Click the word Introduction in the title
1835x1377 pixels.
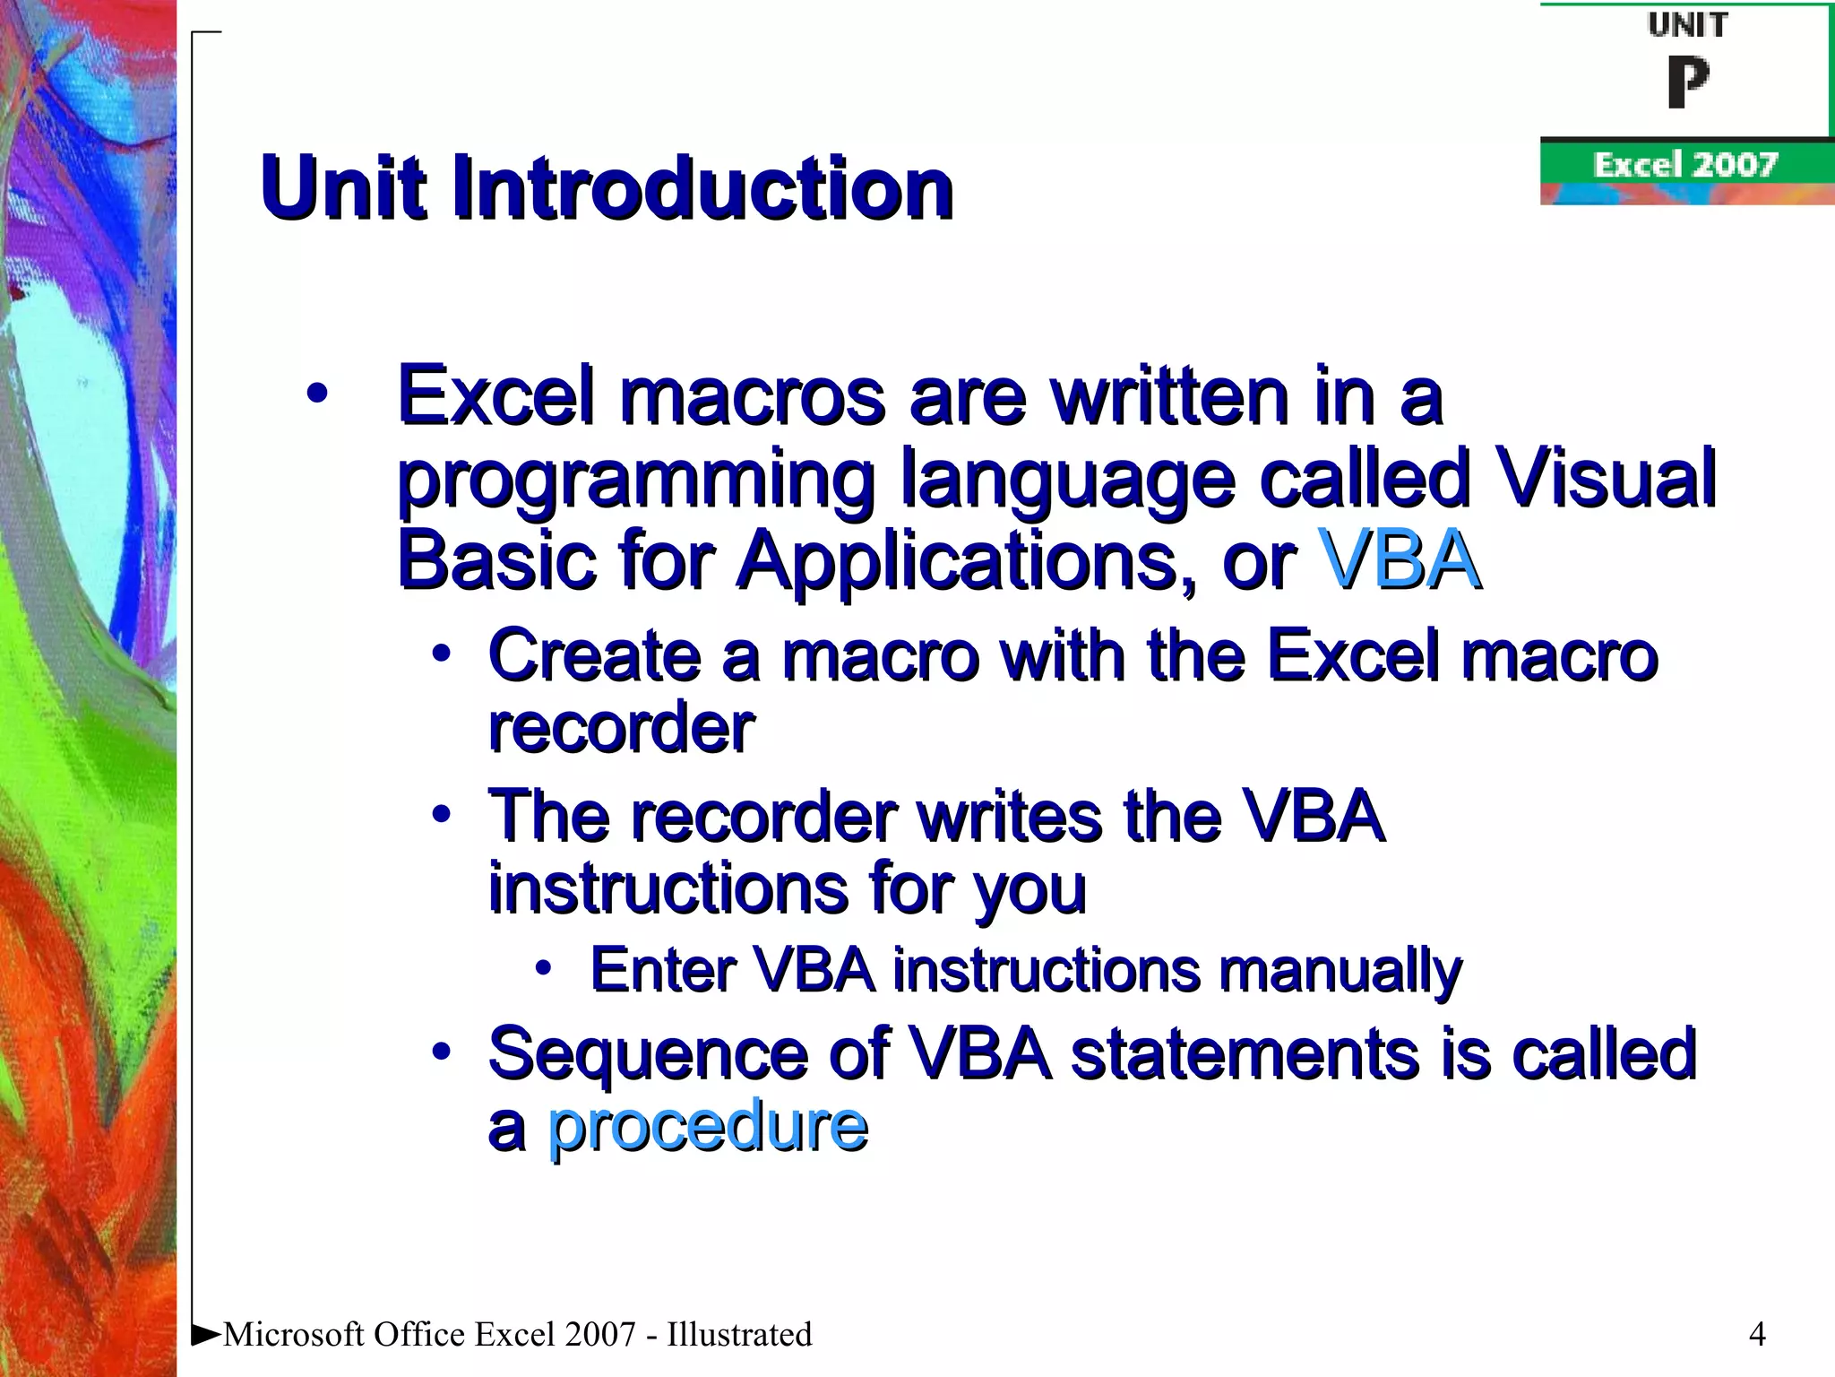702,188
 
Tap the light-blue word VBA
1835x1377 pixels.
1400,561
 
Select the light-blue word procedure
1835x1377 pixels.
707,1126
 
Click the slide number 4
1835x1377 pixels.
1757,1335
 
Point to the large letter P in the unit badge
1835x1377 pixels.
1688,82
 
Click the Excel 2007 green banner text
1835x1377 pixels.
1684,165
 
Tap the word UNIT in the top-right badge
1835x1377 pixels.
1687,25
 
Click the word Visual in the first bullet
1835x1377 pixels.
1606,479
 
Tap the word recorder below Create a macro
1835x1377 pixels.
621,728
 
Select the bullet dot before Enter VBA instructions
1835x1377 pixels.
543,967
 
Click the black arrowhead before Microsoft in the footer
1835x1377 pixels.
206,1335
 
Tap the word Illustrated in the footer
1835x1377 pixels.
738,1335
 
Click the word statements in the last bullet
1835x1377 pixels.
1245,1054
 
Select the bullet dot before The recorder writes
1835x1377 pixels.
440,814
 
